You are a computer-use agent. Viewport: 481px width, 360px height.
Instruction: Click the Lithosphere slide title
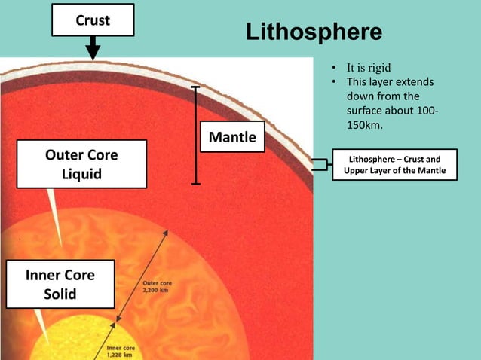pyautogui.click(x=314, y=32)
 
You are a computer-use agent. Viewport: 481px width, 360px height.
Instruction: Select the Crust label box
pyautogui.click(x=92, y=20)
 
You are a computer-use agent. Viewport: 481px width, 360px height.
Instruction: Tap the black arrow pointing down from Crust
pyautogui.click(x=92, y=49)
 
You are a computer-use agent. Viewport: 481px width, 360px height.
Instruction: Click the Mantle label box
pyautogui.click(x=231, y=137)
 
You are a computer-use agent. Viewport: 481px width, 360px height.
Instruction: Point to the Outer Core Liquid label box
pyautogui.click(x=81, y=166)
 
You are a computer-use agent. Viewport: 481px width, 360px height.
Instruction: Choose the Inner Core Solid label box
pyautogui.click(x=60, y=284)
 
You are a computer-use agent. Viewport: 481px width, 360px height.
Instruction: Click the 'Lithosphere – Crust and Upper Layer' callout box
pyautogui.click(x=394, y=165)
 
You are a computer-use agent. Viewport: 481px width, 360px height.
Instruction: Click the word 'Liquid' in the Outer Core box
pyautogui.click(x=81, y=175)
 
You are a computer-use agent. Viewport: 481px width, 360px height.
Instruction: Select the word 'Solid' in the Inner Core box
pyautogui.click(x=60, y=294)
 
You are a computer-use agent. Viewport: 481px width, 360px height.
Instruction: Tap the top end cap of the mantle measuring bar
pyautogui.click(x=196, y=87)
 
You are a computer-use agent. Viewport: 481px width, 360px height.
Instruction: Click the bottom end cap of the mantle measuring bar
pyautogui.click(x=196, y=183)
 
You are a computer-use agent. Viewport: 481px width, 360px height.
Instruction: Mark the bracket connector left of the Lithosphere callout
pyautogui.click(x=323, y=165)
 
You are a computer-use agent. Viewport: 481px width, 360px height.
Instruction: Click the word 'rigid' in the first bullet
pyautogui.click(x=378, y=67)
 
